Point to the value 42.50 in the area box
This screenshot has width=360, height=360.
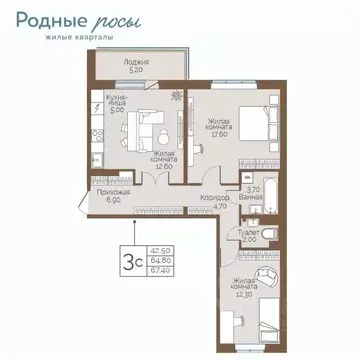[x=158, y=250]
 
